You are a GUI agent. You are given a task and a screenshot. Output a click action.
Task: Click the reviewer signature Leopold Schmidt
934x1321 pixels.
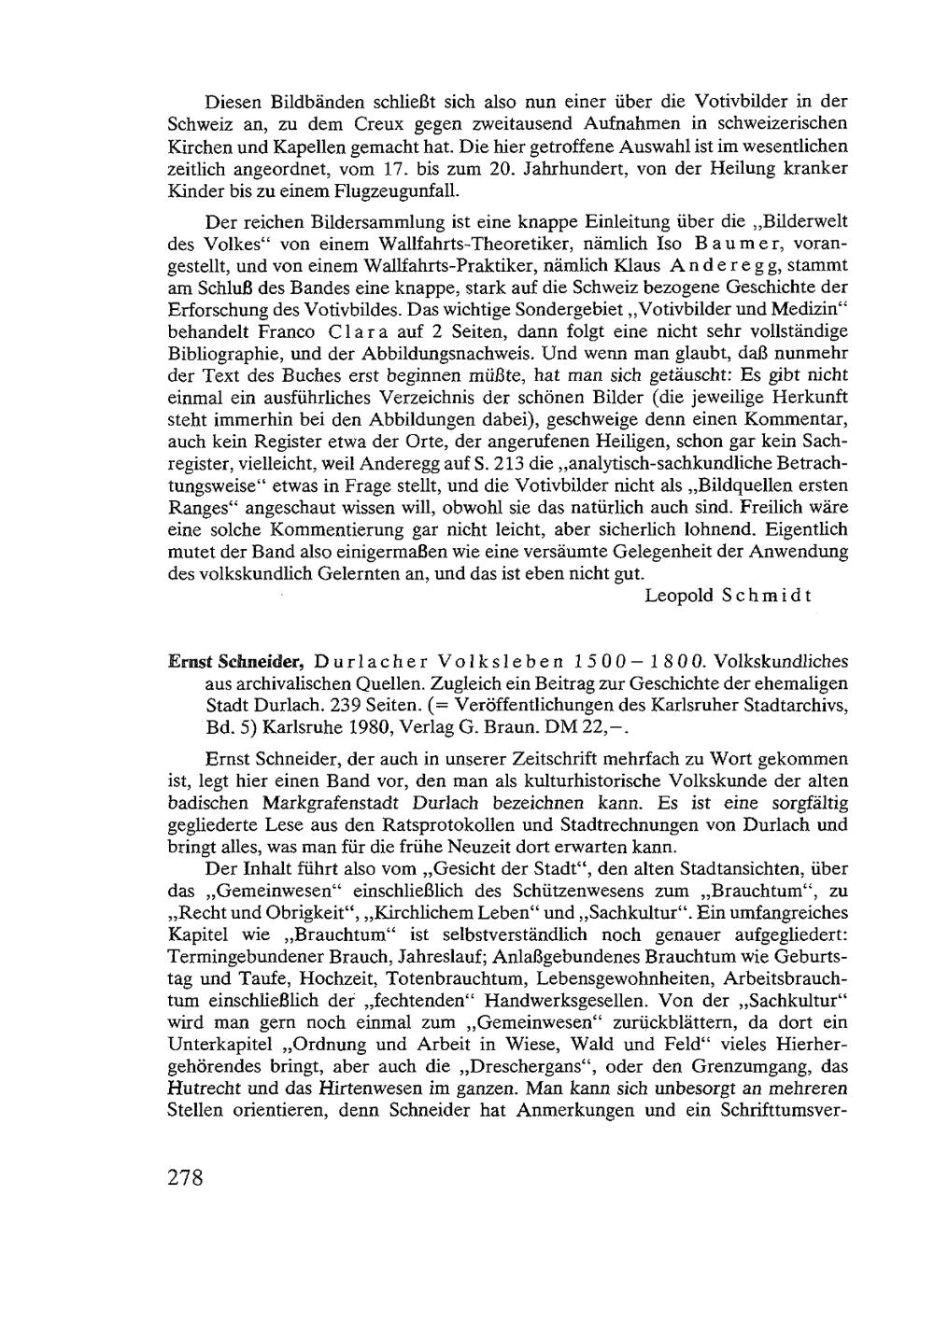pos(728,596)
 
